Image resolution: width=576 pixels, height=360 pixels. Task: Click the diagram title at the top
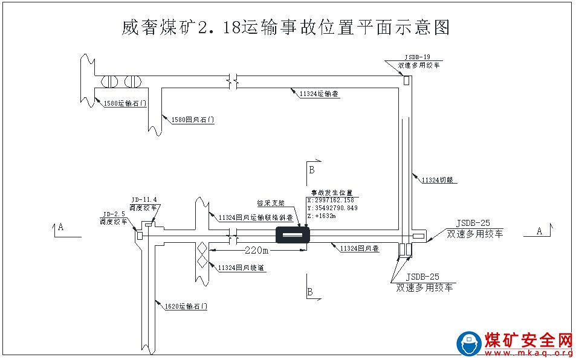click(286, 27)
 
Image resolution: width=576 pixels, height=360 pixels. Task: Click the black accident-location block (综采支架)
click(293, 234)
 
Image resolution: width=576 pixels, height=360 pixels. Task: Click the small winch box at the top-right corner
click(407, 80)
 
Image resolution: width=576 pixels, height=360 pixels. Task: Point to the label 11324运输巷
click(319, 94)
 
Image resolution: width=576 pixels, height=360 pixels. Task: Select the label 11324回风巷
click(359, 248)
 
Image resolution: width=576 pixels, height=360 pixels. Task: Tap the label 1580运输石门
click(125, 103)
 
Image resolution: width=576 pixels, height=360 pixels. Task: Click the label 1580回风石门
click(193, 120)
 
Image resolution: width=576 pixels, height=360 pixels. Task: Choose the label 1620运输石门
click(186, 307)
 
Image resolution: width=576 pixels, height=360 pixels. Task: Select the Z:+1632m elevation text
click(322, 216)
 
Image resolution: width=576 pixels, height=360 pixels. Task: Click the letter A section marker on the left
click(60, 228)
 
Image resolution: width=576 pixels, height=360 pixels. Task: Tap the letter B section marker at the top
click(312, 170)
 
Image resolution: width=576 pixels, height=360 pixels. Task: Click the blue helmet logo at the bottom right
click(468, 344)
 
